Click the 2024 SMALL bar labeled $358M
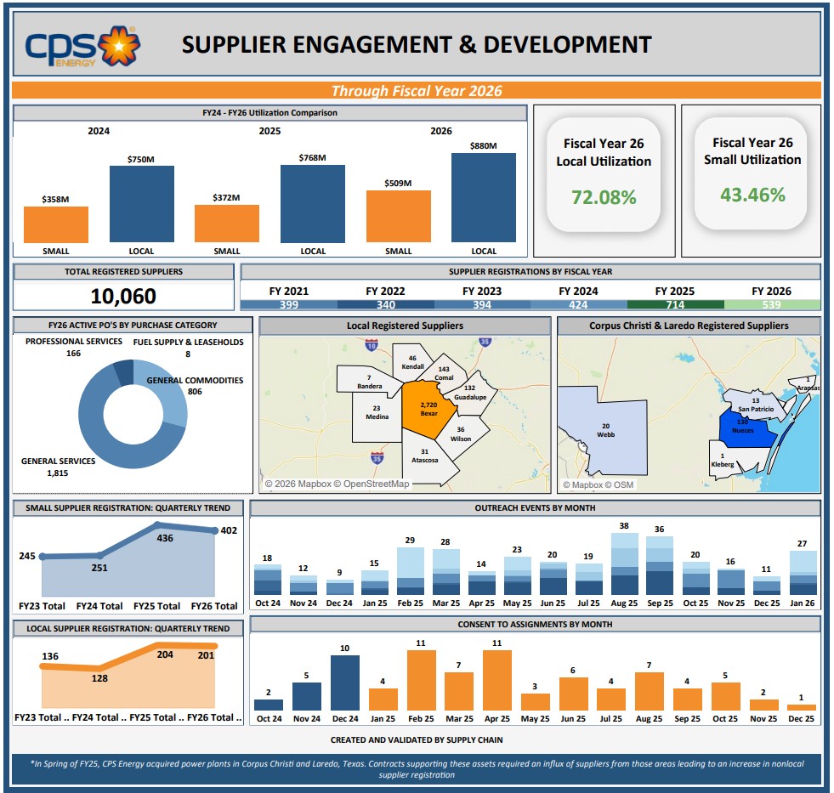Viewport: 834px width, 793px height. [x=56, y=224]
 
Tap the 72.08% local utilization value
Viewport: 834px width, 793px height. [x=604, y=197]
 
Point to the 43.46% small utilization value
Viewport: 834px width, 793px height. [x=752, y=195]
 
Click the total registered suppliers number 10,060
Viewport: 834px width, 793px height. [x=123, y=296]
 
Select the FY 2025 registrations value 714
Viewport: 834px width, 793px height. [x=675, y=305]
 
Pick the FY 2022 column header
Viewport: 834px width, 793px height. [x=385, y=291]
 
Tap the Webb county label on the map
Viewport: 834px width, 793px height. [x=605, y=431]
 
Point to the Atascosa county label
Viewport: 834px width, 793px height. [x=424, y=460]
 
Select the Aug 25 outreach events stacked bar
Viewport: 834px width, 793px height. [x=624, y=564]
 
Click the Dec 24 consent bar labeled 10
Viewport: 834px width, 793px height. [x=344, y=683]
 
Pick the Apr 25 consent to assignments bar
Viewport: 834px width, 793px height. [x=496, y=680]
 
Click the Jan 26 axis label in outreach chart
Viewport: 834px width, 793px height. [x=803, y=603]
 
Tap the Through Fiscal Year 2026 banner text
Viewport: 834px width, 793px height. [x=417, y=91]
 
